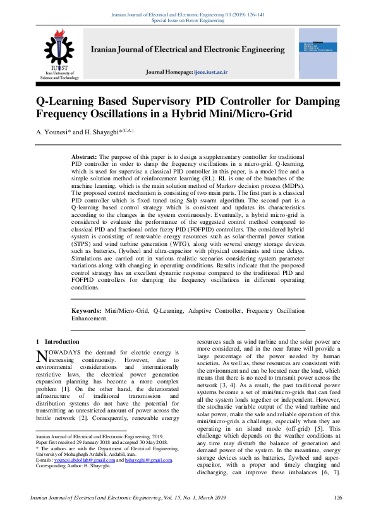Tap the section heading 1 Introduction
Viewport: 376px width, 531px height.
coord(58,341)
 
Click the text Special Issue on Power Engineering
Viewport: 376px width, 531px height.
coord(188,20)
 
